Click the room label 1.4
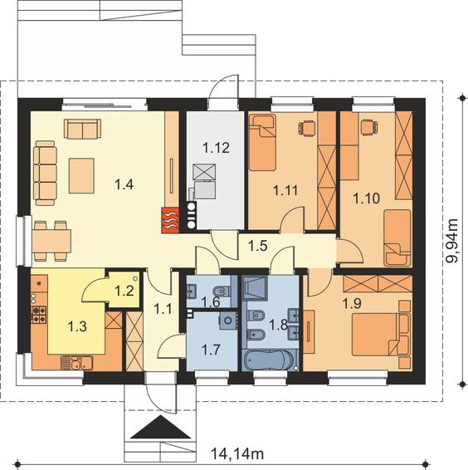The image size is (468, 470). tap(124, 184)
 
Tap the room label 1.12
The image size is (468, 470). tap(216, 148)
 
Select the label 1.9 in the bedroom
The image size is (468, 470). tap(352, 304)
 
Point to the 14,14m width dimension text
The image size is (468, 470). tap(237, 453)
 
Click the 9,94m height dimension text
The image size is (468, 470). tap(452, 241)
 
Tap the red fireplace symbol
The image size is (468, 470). tap(170, 220)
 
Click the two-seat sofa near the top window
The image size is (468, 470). tap(82, 129)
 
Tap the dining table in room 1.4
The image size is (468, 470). tap(51, 241)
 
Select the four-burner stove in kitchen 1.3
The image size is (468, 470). tap(39, 314)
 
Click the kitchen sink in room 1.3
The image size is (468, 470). tap(76, 363)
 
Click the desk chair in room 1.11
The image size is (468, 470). tap(307, 126)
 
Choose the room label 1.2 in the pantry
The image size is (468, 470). tap(124, 291)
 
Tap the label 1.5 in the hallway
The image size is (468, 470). tap(258, 246)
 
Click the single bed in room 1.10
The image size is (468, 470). tap(397, 238)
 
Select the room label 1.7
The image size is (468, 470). tap(211, 350)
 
